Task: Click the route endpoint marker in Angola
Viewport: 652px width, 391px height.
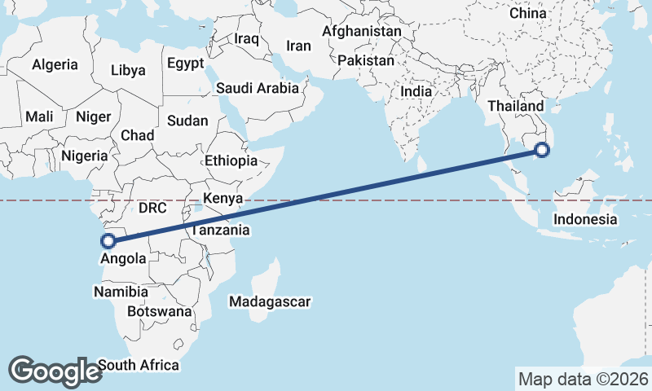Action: pos(106,240)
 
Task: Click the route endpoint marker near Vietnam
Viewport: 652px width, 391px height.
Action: pos(542,149)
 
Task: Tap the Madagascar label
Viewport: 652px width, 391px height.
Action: pos(270,302)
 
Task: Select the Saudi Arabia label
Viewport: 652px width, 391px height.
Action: pos(258,88)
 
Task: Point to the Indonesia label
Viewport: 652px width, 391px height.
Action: pos(585,219)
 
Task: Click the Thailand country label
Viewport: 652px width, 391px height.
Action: pos(515,107)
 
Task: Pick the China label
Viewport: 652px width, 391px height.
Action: pos(528,14)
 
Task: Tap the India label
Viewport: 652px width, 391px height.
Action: pos(416,92)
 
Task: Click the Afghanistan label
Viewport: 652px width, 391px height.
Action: pos(362,32)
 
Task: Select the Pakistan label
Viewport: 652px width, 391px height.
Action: pos(365,60)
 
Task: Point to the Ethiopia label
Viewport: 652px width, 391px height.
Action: pos(231,160)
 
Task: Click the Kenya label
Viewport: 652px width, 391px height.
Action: pos(223,199)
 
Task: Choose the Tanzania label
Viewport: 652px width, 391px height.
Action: pos(220,231)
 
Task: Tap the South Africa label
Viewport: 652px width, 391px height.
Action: pos(138,365)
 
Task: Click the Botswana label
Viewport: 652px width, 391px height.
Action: pos(160,311)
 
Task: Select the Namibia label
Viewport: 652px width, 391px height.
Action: pos(121,292)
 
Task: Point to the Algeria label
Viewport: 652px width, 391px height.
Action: pos(55,64)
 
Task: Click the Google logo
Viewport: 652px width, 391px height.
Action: pos(55,371)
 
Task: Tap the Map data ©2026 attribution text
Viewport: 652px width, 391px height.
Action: pos(583,379)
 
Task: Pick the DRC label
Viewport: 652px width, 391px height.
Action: pos(152,208)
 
